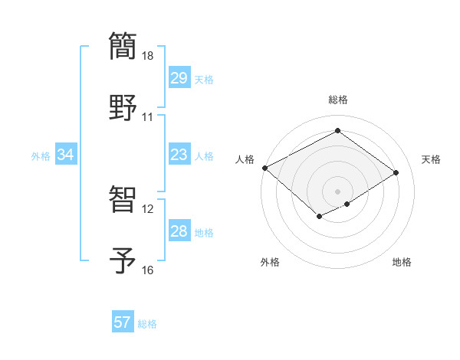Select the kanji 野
123,106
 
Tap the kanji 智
123,198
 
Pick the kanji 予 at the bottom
123,259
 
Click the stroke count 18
148,56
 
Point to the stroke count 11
147,117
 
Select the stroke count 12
147,209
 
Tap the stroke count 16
147,270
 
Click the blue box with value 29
179,78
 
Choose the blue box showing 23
179,155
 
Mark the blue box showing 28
179,231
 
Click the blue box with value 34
65,155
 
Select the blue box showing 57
122,322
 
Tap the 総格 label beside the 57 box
147,324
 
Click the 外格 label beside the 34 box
41,156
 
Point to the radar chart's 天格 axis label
431,159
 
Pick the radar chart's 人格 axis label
245,159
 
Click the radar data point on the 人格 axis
264,168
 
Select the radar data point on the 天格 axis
396,172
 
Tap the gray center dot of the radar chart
337,191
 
